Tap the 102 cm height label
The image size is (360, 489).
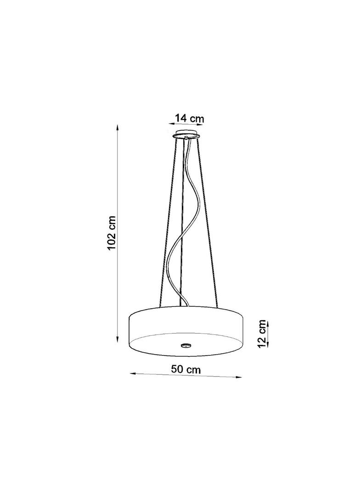(x=112, y=228)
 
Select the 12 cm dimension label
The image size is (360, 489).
(x=262, y=333)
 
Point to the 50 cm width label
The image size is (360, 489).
(x=186, y=370)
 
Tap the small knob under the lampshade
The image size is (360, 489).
(x=186, y=345)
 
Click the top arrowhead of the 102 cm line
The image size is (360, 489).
(x=118, y=128)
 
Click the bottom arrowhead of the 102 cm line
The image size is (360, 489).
(x=118, y=339)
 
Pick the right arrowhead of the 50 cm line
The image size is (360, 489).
(x=239, y=377)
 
